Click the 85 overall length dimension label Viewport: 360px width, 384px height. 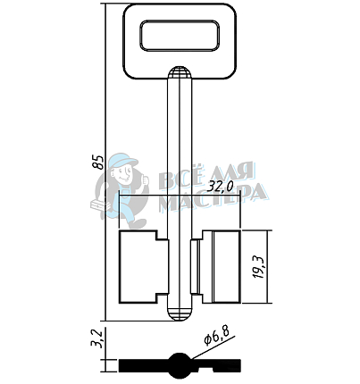98,163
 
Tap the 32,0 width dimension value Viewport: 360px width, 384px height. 220,188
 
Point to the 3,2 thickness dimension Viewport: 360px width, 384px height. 97,338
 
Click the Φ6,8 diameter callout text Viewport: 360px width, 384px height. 217,336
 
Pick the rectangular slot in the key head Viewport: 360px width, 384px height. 180,36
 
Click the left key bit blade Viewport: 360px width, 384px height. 144,267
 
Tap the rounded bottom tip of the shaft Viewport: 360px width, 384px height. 180,314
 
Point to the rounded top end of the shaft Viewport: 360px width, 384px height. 180,73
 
